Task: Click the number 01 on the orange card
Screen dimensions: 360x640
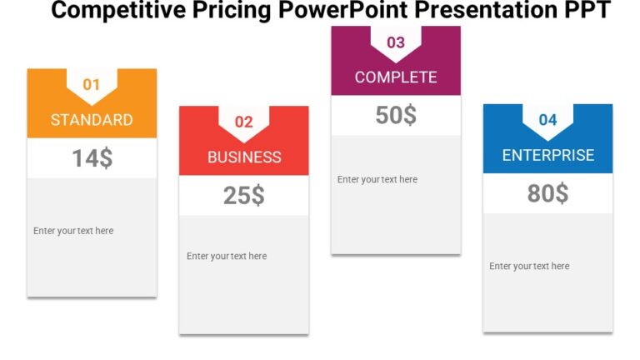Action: [x=91, y=84]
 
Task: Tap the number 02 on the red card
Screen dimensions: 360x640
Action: [x=243, y=122]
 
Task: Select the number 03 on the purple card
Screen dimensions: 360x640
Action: [x=396, y=42]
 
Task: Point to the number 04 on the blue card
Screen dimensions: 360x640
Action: [x=547, y=120]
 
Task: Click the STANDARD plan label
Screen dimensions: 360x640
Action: [x=92, y=119]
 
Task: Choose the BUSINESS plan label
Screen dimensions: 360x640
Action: [x=244, y=157]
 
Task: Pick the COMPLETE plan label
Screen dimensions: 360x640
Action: [x=396, y=77]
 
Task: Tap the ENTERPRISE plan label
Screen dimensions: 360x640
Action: [x=548, y=155]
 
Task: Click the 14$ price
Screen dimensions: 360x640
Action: [x=92, y=158]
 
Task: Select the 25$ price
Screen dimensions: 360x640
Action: [x=244, y=196]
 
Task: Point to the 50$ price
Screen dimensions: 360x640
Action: [x=396, y=116]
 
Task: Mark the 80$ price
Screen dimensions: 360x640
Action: [x=548, y=193]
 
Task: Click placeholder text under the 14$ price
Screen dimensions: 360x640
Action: [x=73, y=231]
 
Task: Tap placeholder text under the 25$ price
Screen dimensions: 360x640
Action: [x=227, y=256]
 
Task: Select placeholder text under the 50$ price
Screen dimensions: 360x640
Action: [x=377, y=179]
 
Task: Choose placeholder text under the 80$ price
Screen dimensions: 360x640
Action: [x=529, y=266]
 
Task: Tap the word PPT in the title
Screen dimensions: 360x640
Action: [x=586, y=11]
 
